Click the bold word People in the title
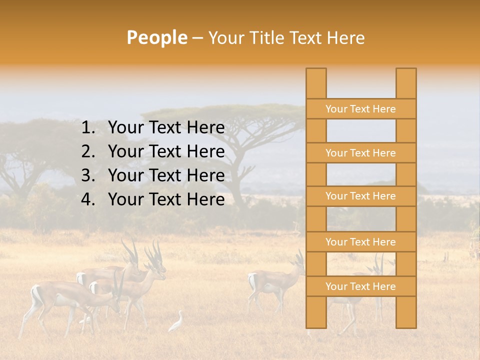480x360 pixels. click(156, 37)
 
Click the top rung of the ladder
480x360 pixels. click(360, 109)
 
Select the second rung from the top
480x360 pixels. click(360, 153)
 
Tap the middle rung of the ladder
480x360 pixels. click(360, 196)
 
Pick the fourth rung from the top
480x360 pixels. click(360, 242)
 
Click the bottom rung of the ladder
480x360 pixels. click(360, 286)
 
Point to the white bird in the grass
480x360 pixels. click(176, 322)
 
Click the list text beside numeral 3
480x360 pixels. click(166, 175)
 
